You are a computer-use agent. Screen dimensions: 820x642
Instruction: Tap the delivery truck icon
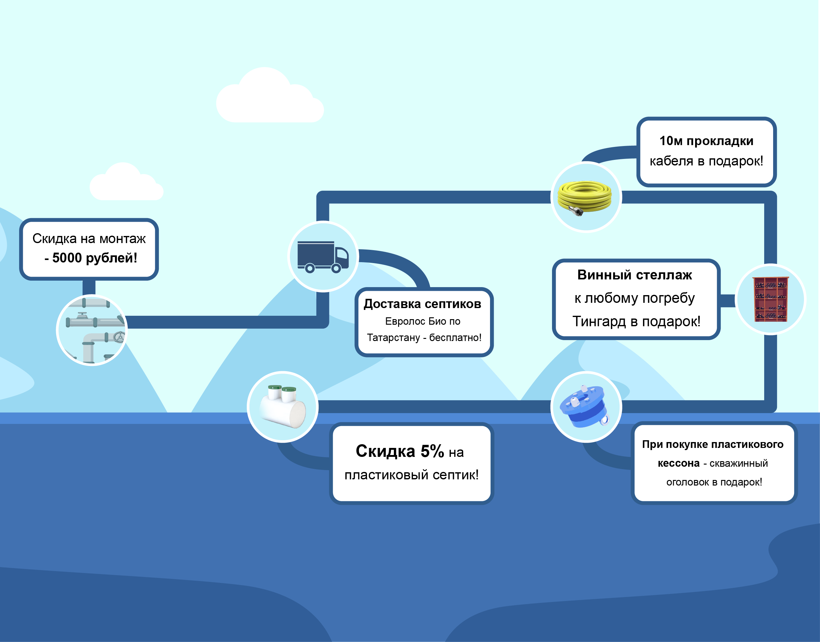(x=323, y=257)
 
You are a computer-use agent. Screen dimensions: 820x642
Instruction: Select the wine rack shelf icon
(x=770, y=299)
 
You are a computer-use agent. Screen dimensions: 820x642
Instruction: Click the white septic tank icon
(x=283, y=407)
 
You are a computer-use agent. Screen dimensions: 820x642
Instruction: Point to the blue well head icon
(x=584, y=406)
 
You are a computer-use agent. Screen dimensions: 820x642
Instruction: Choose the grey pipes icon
(x=92, y=330)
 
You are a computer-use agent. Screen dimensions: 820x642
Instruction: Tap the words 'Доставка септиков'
(x=422, y=304)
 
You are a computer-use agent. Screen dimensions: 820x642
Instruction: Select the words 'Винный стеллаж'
(x=634, y=275)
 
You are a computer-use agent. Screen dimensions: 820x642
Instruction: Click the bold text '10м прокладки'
(x=706, y=141)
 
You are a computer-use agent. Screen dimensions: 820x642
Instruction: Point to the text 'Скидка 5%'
(x=400, y=451)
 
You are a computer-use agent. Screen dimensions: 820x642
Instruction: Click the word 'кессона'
(x=678, y=463)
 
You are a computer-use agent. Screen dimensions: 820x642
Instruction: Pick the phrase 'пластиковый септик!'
(x=411, y=475)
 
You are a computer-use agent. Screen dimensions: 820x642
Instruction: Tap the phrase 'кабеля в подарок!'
(x=706, y=161)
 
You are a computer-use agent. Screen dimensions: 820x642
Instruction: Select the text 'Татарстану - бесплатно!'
(x=424, y=338)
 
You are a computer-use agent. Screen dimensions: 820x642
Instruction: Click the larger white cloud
(x=270, y=97)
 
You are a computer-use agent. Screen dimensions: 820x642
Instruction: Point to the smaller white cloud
(x=126, y=183)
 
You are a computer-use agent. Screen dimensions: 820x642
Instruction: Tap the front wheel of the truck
(x=336, y=268)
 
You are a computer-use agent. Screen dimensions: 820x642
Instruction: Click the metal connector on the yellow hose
(x=576, y=210)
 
